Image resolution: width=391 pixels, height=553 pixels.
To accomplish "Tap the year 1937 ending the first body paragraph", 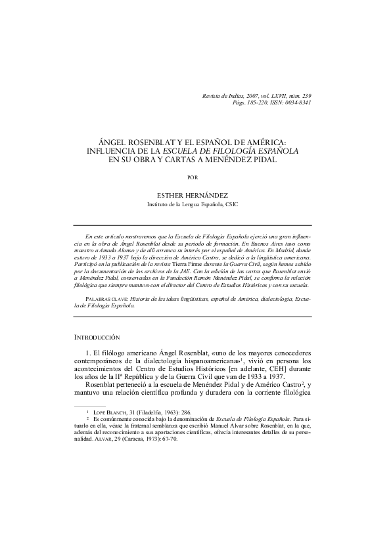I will (x=274, y=378).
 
